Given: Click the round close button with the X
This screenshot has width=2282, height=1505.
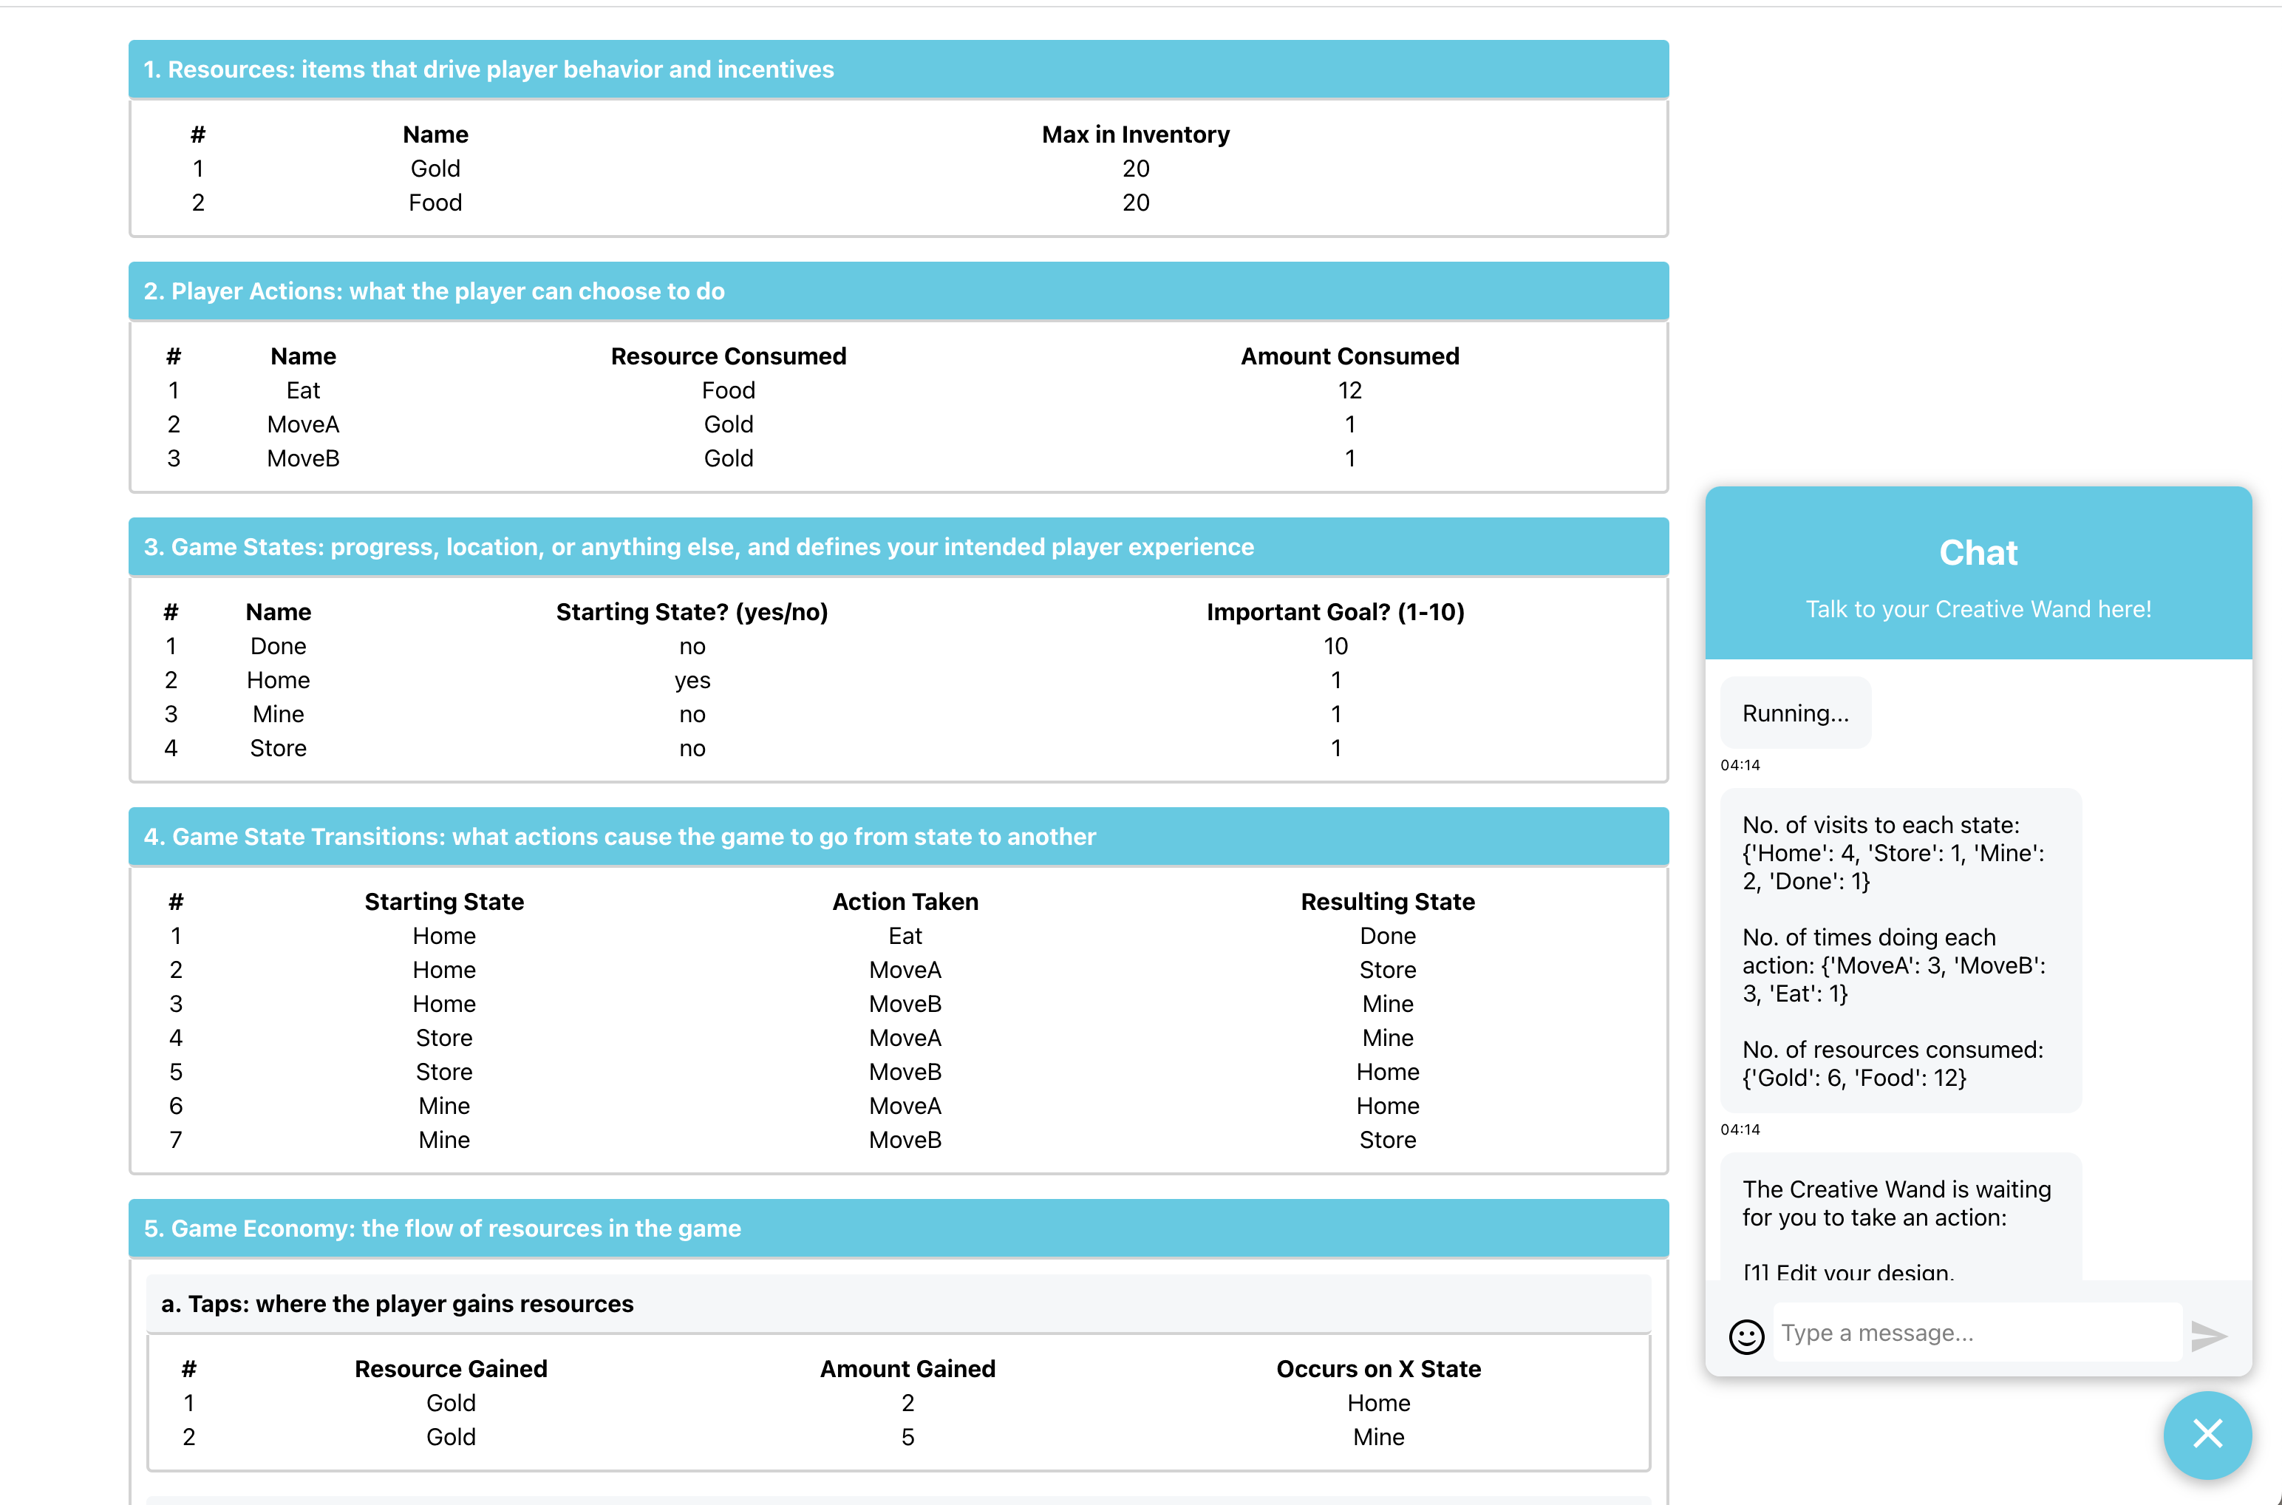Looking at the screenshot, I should click(x=2207, y=1434).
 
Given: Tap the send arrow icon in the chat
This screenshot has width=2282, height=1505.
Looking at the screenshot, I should click(x=2209, y=1335).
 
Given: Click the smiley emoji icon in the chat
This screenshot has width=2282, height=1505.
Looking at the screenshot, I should click(x=1746, y=1336).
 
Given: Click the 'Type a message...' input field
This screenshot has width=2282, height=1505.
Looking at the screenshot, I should click(x=1977, y=1334).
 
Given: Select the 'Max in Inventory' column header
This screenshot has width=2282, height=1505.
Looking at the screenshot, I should click(x=1135, y=135).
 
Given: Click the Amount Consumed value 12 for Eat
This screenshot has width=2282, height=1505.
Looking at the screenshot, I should click(x=1349, y=390).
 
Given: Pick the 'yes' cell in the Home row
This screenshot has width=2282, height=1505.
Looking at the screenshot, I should click(x=692, y=681).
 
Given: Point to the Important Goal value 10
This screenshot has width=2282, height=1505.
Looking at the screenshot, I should click(x=1335, y=646).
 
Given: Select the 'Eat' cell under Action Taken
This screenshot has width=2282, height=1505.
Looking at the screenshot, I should click(x=905, y=936).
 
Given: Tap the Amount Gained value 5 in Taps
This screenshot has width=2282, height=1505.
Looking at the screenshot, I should click(x=907, y=1437).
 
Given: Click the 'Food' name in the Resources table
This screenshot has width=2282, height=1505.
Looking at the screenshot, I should click(x=435, y=203).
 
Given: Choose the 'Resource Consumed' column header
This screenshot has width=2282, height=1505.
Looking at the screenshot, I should click(x=729, y=356).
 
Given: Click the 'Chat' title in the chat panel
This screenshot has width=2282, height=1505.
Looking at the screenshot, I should click(x=1978, y=553).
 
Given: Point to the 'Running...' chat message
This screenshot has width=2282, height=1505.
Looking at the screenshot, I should click(x=1794, y=713).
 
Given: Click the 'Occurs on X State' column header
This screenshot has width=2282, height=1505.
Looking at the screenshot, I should click(x=1378, y=1369).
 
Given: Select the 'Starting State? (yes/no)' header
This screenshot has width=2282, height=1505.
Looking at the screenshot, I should click(x=692, y=612).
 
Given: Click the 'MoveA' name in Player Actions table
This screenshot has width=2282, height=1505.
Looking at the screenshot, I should click(x=303, y=424).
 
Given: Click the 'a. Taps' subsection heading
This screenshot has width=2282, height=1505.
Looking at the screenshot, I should click(x=398, y=1303).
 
